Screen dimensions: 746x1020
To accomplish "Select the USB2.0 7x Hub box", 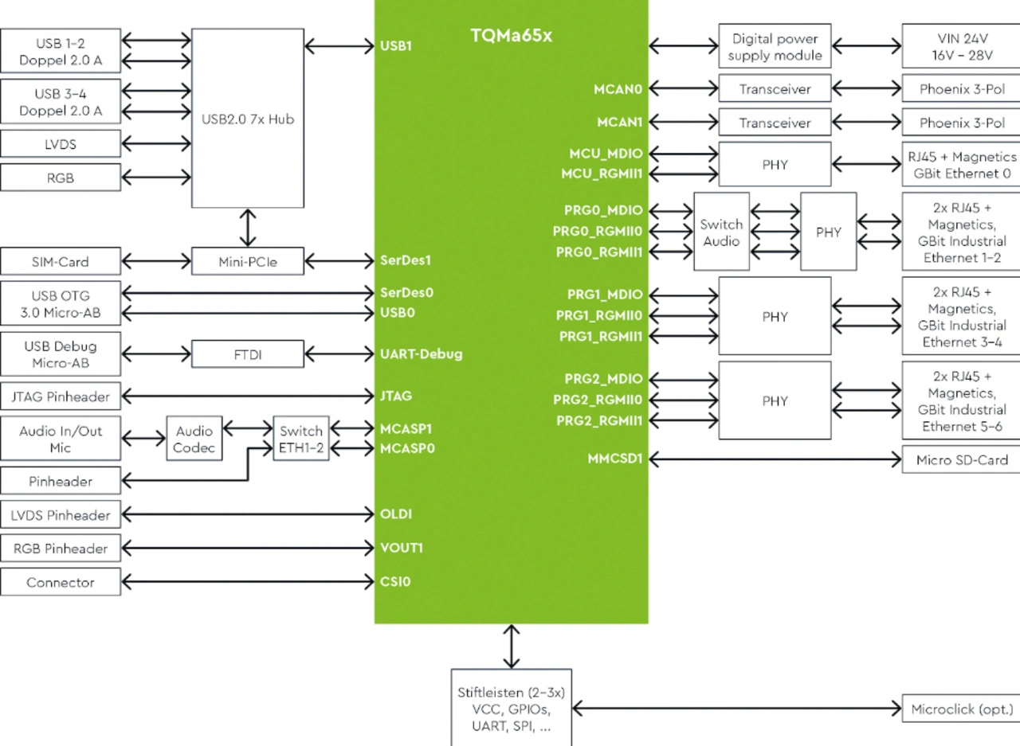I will click(248, 119).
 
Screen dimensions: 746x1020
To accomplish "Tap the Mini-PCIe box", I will click(248, 261).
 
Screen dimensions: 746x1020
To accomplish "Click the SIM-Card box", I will click(61, 261).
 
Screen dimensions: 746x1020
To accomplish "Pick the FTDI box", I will click(248, 354).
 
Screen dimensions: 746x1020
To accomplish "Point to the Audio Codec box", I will click(194, 439).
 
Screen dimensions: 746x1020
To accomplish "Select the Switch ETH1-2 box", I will click(301, 439).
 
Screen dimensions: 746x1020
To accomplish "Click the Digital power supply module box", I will click(775, 47).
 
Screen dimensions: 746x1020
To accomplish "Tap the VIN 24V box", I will click(960, 47).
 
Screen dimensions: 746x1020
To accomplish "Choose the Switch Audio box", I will click(721, 232).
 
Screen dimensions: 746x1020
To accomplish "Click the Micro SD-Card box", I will click(960, 460).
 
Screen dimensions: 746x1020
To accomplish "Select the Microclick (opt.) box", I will click(960, 709).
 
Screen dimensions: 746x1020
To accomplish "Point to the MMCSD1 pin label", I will click(615, 459).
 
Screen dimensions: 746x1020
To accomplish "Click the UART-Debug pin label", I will click(421, 353).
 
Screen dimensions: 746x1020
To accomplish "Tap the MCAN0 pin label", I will click(619, 89).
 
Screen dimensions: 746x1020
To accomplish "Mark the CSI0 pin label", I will click(396, 581).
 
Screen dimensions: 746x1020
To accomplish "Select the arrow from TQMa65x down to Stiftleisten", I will click(511, 646).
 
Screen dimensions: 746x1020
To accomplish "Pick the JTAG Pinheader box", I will click(61, 396).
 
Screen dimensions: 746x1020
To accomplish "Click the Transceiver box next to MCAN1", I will click(775, 123).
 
